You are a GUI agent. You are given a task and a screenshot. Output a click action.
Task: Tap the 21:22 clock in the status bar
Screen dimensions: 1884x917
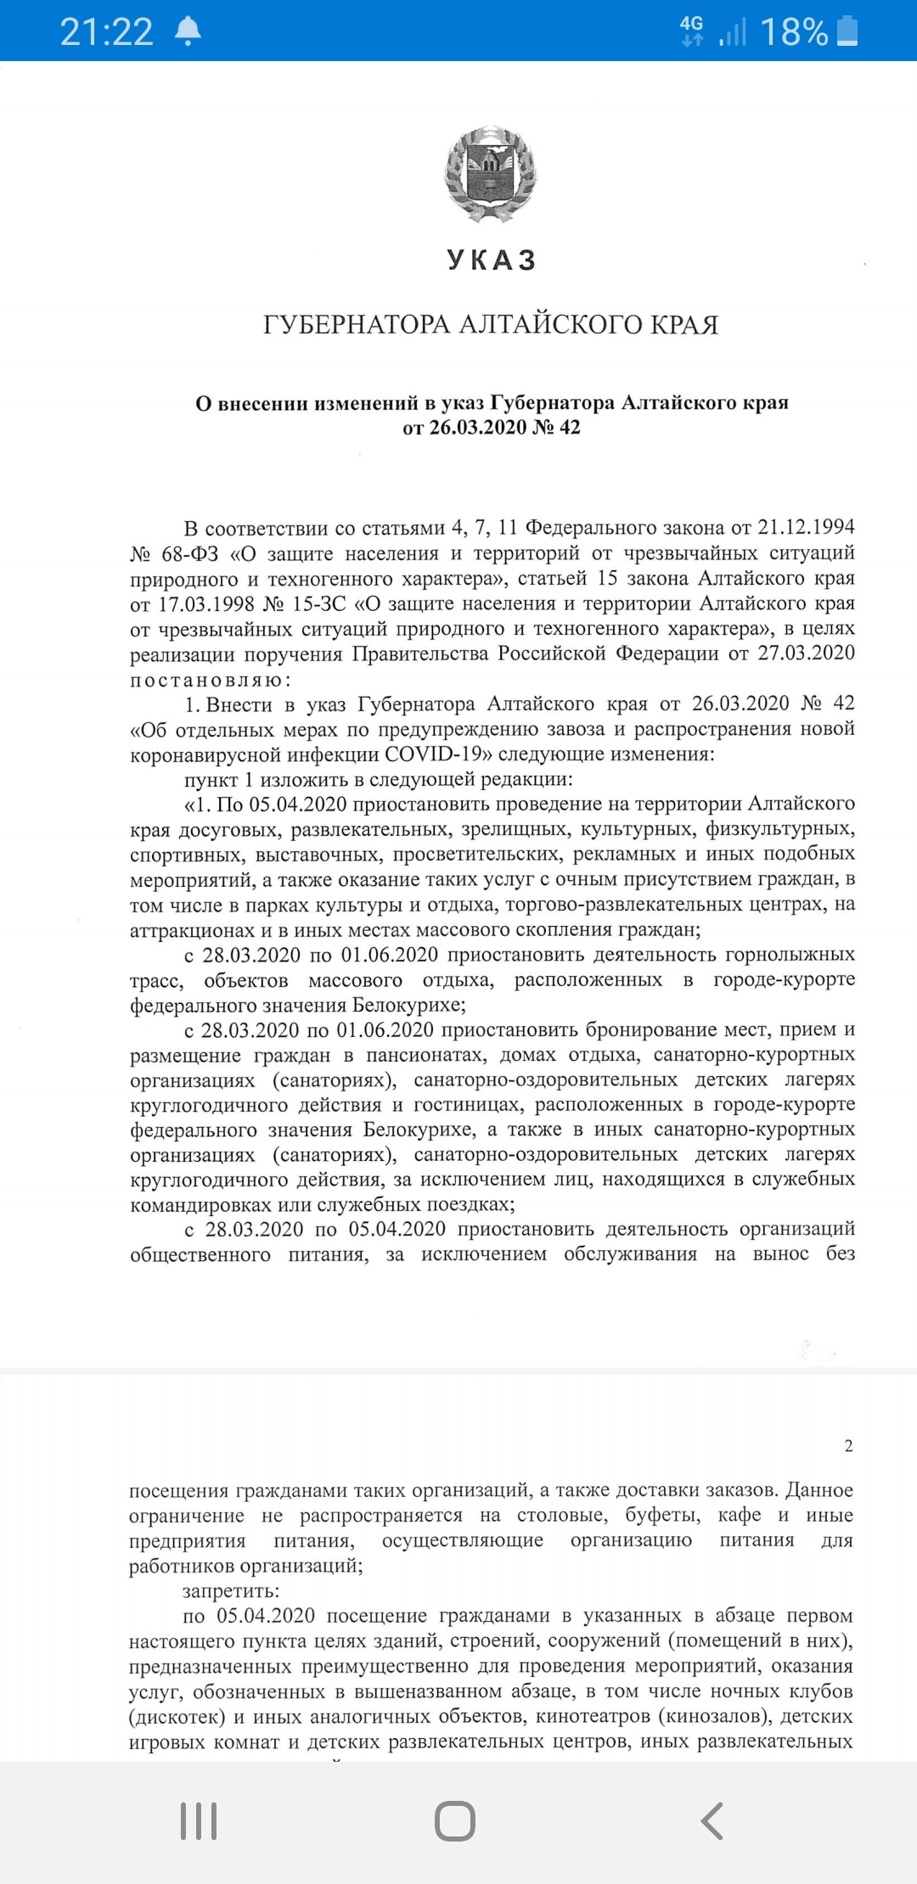tap(106, 32)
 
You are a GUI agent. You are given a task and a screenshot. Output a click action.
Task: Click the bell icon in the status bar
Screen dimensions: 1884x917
tap(188, 31)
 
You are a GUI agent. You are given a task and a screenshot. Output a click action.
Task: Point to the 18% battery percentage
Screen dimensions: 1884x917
tap(794, 32)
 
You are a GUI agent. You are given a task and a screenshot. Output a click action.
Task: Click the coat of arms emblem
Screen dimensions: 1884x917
tap(492, 175)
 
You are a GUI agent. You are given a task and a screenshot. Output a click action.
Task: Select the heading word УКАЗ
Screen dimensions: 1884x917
tap(492, 260)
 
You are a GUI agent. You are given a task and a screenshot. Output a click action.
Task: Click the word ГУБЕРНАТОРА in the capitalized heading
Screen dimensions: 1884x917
tap(357, 324)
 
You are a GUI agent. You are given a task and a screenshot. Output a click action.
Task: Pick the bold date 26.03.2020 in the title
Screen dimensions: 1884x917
tap(478, 427)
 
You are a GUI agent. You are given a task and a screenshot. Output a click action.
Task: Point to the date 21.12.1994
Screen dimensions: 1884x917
tap(806, 527)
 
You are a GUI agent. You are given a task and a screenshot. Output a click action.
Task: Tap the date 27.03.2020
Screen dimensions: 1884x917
tap(806, 653)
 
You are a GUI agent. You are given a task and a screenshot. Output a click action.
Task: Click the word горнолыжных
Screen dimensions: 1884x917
tap(784, 955)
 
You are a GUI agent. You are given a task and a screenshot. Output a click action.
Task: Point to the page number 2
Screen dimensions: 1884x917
tap(848, 1445)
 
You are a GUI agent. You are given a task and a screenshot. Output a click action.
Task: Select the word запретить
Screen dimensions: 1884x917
tap(230, 1590)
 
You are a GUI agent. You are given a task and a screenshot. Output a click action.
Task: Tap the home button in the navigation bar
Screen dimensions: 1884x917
tap(455, 1821)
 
